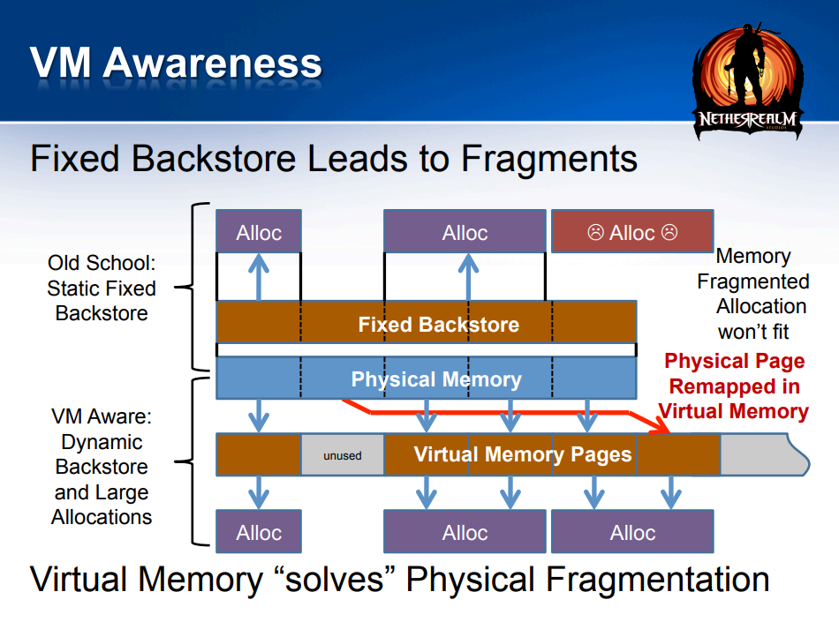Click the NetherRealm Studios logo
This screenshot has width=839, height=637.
[x=748, y=81]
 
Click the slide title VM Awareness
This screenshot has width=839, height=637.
[x=176, y=63]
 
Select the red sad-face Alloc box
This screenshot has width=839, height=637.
[x=632, y=231]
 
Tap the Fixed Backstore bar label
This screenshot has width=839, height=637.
[x=439, y=325]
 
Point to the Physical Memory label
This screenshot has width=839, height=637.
[x=436, y=378]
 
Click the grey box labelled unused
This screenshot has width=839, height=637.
[x=343, y=454]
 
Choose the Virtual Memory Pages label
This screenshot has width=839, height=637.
[x=523, y=454]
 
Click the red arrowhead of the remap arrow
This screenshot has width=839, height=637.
[x=661, y=426]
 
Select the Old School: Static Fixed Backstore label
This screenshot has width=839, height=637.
[x=102, y=288]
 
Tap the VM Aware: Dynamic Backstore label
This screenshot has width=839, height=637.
[x=102, y=467]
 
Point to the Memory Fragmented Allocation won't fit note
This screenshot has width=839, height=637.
[x=753, y=294]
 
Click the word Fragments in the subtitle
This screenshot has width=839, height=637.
[x=549, y=159]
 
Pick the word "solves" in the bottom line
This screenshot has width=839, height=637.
[x=335, y=580]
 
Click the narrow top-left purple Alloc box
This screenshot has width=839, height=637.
[x=259, y=231]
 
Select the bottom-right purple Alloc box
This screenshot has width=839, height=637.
[x=632, y=531]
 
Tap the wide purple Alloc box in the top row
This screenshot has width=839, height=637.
[x=465, y=231]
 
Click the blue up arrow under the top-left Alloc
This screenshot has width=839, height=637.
[x=259, y=277]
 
